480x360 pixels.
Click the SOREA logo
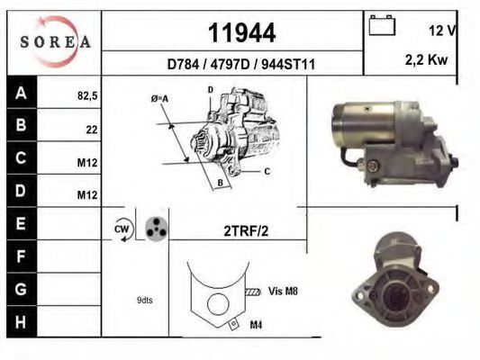point(55,42)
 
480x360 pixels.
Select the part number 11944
point(242,33)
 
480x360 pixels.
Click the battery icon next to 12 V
point(382,25)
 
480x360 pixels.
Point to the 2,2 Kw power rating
point(427,59)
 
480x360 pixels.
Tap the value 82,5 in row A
point(87,96)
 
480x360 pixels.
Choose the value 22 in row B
point(92,130)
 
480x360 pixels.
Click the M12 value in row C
point(87,163)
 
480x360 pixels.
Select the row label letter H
point(21,322)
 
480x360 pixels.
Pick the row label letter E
point(21,223)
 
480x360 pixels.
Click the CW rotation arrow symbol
point(123,229)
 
